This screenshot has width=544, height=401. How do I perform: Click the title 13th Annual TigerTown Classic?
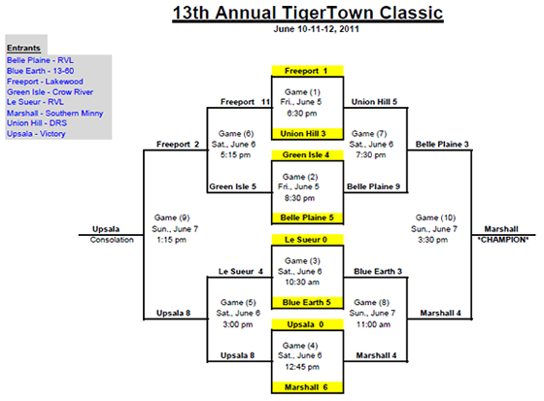click(x=308, y=13)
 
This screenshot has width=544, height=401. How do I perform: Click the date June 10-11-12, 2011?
click(x=316, y=29)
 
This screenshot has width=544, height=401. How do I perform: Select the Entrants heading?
click(x=23, y=48)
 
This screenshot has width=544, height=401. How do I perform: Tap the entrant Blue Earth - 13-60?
click(x=40, y=71)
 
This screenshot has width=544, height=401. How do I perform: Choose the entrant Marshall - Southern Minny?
click(x=54, y=113)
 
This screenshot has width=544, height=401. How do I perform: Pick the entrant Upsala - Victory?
click(x=36, y=134)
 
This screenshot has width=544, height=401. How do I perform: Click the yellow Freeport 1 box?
click(x=307, y=71)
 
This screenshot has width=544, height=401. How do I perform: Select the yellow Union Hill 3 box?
click(x=307, y=134)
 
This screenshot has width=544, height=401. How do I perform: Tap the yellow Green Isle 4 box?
click(x=307, y=155)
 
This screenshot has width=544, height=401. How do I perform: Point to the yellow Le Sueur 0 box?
click(x=307, y=240)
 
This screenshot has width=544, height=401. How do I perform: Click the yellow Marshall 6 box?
click(x=307, y=387)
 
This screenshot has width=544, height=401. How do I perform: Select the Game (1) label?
click(x=302, y=92)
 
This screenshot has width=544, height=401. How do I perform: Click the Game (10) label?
click(x=435, y=217)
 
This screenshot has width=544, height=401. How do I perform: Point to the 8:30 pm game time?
click(x=299, y=198)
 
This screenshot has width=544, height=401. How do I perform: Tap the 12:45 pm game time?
click(x=302, y=367)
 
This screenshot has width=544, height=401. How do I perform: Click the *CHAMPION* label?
click(x=503, y=240)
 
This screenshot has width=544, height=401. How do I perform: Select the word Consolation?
click(x=112, y=240)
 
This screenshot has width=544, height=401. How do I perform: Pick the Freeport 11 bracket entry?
click(x=245, y=102)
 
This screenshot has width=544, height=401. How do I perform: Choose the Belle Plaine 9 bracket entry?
click(x=373, y=186)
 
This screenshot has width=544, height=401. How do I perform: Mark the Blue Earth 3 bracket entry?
click(x=378, y=271)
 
